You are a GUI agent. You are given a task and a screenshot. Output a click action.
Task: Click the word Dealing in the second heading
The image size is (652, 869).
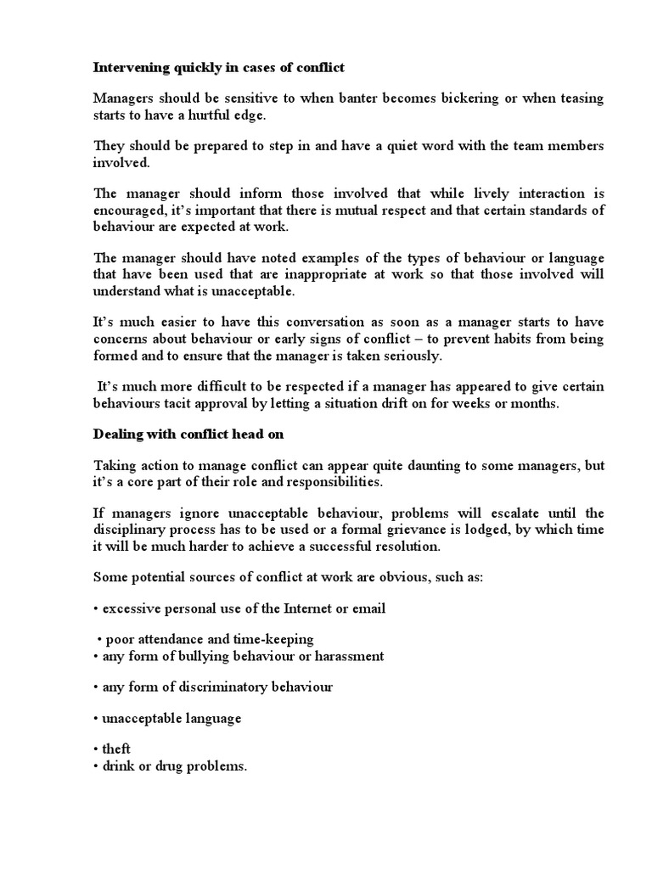click(117, 434)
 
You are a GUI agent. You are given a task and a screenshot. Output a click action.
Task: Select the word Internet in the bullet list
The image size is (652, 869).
click(295, 609)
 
